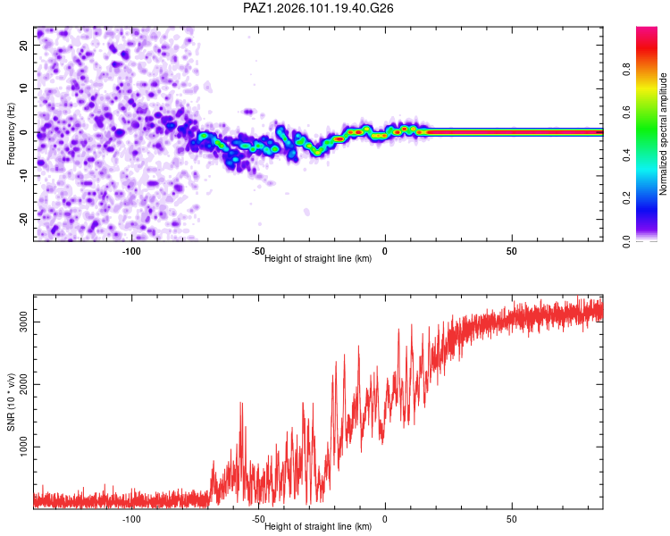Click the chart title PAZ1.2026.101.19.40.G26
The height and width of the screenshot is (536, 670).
click(x=318, y=8)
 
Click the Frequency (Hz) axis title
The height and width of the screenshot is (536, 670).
click(x=11, y=134)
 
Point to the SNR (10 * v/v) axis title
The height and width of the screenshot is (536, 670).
click(x=11, y=402)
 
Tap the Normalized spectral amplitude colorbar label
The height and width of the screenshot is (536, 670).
click(x=663, y=134)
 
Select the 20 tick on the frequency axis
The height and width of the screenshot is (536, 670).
click(x=23, y=45)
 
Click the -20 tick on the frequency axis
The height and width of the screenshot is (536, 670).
click(x=23, y=219)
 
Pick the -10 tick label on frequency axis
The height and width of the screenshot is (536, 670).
click(x=23, y=175)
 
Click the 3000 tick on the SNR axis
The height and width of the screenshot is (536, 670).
click(x=23, y=322)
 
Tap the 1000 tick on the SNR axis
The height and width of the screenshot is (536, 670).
click(x=23, y=447)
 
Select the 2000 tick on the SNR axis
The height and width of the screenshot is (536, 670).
click(x=23, y=384)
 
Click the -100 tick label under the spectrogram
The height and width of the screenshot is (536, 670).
click(x=131, y=251)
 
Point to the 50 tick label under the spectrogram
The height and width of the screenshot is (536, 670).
click(x=512, y=251)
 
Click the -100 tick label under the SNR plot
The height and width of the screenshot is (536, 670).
click(x=131, y=519)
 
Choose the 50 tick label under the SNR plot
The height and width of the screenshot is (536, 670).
click(x=512, y=519)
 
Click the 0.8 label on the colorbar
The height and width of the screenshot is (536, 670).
click(x=626, y=70)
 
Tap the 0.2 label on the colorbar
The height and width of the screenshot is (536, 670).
click(x=626, y=198)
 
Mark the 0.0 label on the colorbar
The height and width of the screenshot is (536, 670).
click(x=626, y=241)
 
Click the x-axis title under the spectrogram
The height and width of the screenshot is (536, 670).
click(x=318, y=258)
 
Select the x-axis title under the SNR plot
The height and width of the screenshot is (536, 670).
click(x=318, y=526)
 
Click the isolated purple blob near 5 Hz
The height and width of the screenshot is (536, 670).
click(x=248, y=112)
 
